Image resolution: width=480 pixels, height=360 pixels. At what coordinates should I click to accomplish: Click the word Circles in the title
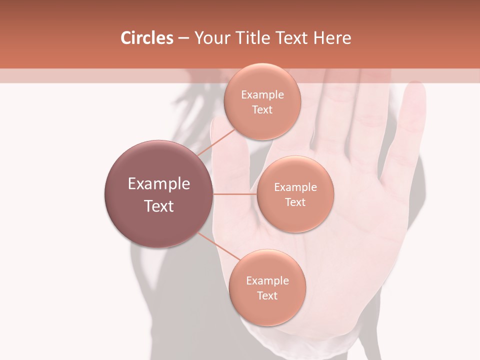(x=146, y=38)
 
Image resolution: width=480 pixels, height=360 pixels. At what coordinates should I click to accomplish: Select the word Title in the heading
(x=255, y=38)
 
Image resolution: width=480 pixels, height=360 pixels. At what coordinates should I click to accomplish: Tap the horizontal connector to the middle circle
(x=235, y=194)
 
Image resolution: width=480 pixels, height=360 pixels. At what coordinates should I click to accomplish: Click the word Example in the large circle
(x=159, y=184)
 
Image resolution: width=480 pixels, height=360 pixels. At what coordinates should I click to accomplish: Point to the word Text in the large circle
(x=159, y=206)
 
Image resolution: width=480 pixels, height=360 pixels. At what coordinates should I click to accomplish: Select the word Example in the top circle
(x=262, y=95)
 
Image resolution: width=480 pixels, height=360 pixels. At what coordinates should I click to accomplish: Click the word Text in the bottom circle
(x=267, y=296)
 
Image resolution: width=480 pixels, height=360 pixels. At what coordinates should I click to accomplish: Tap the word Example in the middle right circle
(x=295, y=187)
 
